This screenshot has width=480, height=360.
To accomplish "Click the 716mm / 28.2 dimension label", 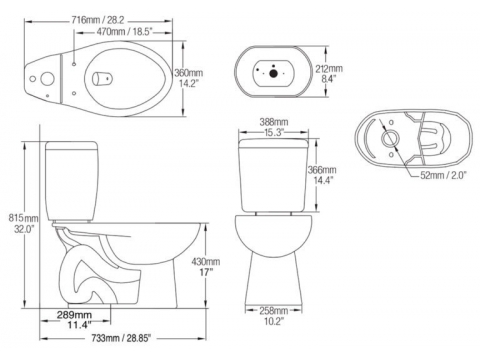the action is (98, 20).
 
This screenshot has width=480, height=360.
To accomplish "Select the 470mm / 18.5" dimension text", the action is (124, 32).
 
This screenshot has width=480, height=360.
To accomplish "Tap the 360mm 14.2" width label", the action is (188, 78).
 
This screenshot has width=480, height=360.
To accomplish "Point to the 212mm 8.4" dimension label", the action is (329, 73).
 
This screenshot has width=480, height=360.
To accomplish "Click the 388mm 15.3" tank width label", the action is (274, 127).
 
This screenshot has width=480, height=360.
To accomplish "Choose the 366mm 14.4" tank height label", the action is (322, 175).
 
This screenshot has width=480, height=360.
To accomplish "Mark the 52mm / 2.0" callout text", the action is (443, 175).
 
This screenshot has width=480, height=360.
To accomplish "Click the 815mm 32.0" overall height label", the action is (23, 224).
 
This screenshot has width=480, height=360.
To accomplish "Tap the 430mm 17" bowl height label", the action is (206, 267).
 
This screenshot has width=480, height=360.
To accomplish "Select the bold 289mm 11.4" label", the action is (79, 319).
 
